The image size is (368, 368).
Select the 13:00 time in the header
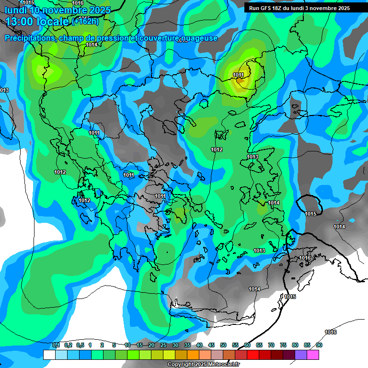click(x=21, y=22)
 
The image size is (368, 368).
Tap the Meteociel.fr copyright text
click(x=203, y=365)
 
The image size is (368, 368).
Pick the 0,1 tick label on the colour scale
click(x=56, y=345)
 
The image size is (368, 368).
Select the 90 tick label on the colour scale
click(x=319, y=345)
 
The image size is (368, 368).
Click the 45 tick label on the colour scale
click(x=211, y=345)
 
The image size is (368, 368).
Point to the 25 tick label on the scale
click(x=163, y=345)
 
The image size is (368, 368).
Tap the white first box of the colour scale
click(x=49, y=355)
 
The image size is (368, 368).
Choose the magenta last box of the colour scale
click(x=313, y=355)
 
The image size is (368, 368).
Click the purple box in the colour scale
click(x=301, y=355)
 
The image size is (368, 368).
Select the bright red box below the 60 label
click(x=253, y=355)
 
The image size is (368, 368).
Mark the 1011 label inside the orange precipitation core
click(x=238, y=75)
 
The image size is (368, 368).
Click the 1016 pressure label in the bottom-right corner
click(x=331, y=333)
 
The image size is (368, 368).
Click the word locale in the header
click(x=53, y=22)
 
